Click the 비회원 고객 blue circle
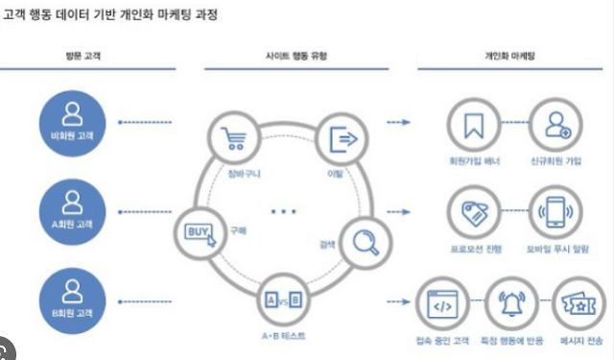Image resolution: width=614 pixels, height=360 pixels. [71, 122]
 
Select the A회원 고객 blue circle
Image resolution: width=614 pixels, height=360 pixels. [71, 209]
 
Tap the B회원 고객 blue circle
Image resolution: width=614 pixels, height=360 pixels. [71, 297]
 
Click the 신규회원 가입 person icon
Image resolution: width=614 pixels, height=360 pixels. [555, 125]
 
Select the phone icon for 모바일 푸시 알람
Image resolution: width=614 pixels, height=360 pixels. [555, 213]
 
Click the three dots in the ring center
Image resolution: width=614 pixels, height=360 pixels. [285, 209]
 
